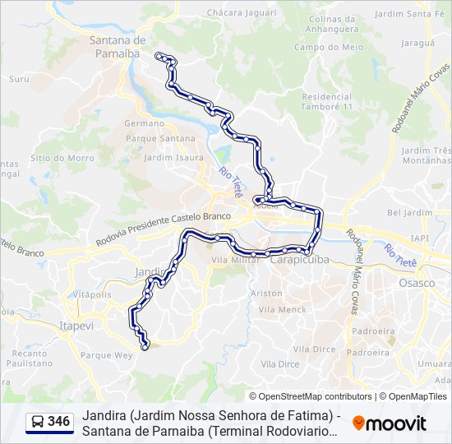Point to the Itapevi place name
point(78,326)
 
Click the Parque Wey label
point(107,355)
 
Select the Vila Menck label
point(282,310)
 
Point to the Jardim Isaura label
point(173,157)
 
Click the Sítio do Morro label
point(62,157)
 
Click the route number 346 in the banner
point(58,422)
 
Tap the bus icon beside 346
point(38,422)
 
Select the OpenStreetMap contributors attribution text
point(311,396)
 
